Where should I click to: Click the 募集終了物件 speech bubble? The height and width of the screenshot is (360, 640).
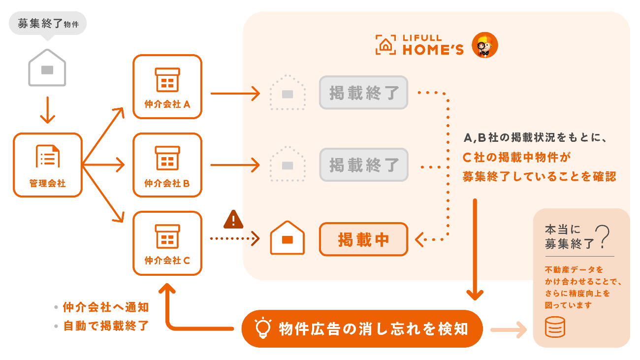(x=48, y=24)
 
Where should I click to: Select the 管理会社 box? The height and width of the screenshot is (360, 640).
(x=47, y=164)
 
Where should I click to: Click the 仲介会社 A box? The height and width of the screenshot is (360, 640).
(x=167, y=86)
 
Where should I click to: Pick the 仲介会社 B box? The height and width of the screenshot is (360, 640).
(x=167, y=164)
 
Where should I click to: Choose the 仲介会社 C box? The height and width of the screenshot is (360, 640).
(x=167, y=243)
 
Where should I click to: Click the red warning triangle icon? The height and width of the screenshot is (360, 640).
(x=233, y=220)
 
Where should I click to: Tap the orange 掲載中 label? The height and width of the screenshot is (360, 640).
(x=363, y=239)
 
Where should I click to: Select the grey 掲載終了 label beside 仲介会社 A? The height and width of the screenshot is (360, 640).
(x=363, y=92)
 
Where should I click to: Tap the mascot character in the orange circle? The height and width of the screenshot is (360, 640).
(x=484, y=46)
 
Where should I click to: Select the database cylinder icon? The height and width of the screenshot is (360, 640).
(x=555, y=327)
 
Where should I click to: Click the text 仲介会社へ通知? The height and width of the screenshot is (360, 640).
(x=105, y=307)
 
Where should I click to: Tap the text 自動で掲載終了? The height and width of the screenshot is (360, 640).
(x=105, y=326)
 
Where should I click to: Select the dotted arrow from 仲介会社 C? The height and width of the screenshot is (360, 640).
(x=234, y=239)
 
